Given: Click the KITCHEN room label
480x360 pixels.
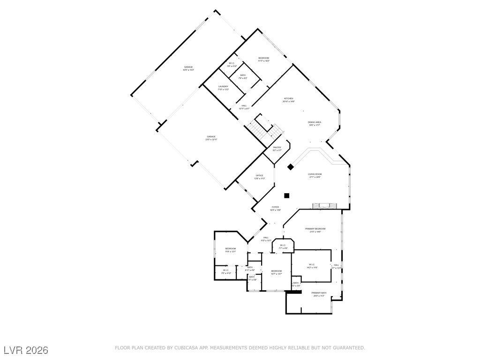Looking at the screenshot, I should pyautogui.click(x=288, y=99).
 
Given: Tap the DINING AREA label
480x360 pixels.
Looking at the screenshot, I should pyautogui.click(x=315, y=122).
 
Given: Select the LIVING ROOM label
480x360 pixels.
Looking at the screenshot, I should pyautogui.click(x=315, y=174).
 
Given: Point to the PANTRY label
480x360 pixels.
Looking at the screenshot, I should pyautogui.click(x=277, y=148).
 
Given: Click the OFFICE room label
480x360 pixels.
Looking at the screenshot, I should pyautogui.click(x=259, y=176).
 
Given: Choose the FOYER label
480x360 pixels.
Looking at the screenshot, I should pyautogui.click(x=275, y=207).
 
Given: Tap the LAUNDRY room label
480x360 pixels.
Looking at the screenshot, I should pyautogui.click(x=223, y=87).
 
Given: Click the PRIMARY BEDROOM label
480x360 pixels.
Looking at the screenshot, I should pyautogui.click(x=315, y=229).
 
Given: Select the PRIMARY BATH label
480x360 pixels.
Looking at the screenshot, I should pyautogui.click(x=319, y=293).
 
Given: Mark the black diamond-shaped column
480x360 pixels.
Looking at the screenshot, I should pyautogui.click(x=291, y=166).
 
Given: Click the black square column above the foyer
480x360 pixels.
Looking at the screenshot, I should pyautogui.click(x=287, y=195).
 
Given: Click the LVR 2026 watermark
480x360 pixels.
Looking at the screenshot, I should pyautogui.click(x=26, y=350).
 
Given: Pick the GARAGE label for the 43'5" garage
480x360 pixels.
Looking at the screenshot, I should pyautogui.click(x=188, y=67).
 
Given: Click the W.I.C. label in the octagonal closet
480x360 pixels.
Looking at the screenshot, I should pyautogui.click(x=283, y=245).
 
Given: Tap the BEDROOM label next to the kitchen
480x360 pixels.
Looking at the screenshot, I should pyautogui.click(x=263, y=58).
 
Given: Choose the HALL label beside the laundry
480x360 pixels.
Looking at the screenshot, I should pyautogui.click(x=244, y=106).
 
